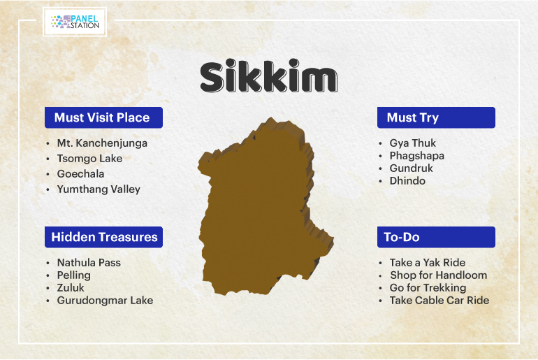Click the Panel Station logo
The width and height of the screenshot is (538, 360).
[75, 22]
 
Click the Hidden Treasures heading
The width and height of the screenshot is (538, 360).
[103, 237]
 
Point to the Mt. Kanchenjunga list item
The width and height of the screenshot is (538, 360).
[102, 143]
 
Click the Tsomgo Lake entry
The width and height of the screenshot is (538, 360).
[89, 158]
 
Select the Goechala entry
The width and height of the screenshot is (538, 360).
[80, 173]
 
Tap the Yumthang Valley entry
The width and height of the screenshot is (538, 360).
[99, 189]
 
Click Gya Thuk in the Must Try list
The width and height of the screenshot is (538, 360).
[413, 143]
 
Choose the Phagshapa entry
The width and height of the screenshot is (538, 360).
[417, 156]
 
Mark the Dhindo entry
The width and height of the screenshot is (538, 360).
[407, 180]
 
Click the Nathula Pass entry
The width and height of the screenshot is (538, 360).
[89, 263]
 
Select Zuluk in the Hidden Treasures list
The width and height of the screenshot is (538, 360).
[71, 287]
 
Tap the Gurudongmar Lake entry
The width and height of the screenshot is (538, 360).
[105, 301]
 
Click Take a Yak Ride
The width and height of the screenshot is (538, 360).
[428, 263]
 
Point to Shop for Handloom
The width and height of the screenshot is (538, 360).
[439, 275]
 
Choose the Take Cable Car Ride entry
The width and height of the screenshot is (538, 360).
[439, 301]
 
